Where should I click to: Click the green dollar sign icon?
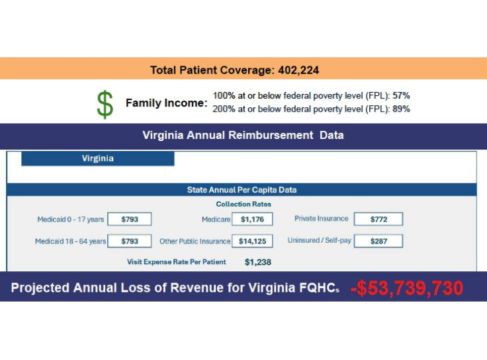pyautogui.click(x=105, y=104)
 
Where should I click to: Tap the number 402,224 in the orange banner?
pyautogui.click(x=297, y=69)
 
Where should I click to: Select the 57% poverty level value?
pyautogui.click(x=401, y=96)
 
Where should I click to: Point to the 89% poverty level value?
pyautogui.click(x=401, y=109)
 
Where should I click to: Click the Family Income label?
pyautogui.click(x=166, y=104)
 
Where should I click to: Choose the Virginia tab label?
pyautogui.click(x=98, y=159)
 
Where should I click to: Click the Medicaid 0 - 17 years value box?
pyautogui.click(x=129, y=219)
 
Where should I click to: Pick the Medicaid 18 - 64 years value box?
pyautogui.click(x=129, y=242)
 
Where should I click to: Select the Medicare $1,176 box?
pyautogui.click(x=252, y=219)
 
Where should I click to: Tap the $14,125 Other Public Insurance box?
pyautogui.click(x=252, y=242)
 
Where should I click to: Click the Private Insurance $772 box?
pyautogui.click(x=378, y=219)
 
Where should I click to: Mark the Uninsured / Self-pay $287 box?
pyautogui.click(x=378, y=242)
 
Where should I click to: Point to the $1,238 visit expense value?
pyautogui.click(x=258, y=262)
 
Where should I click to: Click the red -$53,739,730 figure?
pyautogui.click(x=406, y=288)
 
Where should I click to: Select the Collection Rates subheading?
pyautogui.click(x=243, y=204)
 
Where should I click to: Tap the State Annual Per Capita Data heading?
pyautogui.click(x=242, y=190)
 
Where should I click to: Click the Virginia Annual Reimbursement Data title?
pyautogui.click(x=243, y=136)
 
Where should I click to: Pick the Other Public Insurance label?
pyautogui.click(x=195, y=242)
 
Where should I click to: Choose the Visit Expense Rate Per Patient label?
pyautogui.click(x=177, y=262)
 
